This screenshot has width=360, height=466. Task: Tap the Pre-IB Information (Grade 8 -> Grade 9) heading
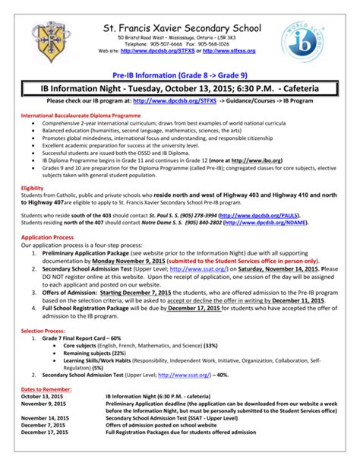(179, 75)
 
